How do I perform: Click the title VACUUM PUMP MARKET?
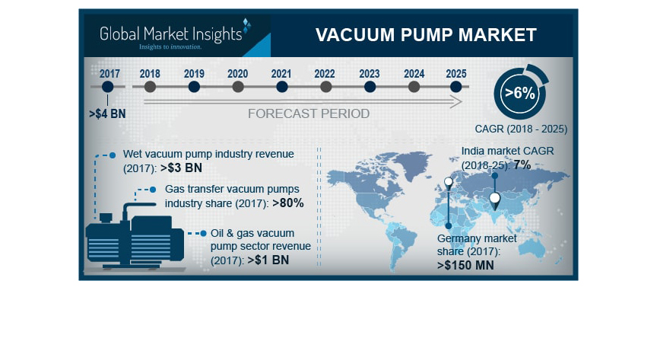(x=426, y=35)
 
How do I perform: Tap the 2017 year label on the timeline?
(x=109, y=73)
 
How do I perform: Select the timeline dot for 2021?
(x=281, y=87)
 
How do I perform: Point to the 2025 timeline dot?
(x=456, y=87)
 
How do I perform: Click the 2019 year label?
(x=194, y=73)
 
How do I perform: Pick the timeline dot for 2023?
(x=370, y=87)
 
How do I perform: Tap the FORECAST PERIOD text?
(x=309, y=113)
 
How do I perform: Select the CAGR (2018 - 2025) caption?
(x=521, y=129)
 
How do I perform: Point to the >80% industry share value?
(x=287, y=203)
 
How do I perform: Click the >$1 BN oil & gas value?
(x=268, y=260)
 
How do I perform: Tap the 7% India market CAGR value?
(x=522, y=164)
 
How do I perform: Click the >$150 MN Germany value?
(x=465, y=266)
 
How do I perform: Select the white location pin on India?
(x=495, y=200)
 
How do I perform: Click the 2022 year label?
(x=325, y=73)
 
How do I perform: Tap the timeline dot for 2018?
(x=150, y=87)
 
